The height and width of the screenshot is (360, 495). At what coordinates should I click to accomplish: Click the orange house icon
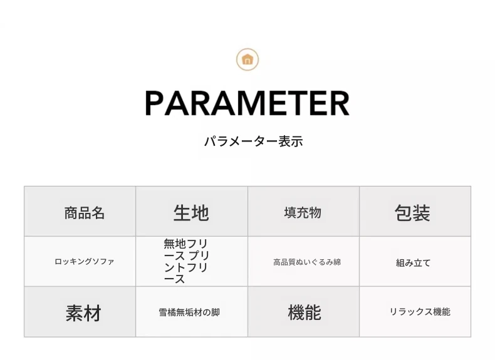coord(247,59)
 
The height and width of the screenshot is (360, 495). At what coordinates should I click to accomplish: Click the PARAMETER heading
coord(247,103)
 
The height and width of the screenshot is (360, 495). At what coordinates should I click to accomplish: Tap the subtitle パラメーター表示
coord(254,141)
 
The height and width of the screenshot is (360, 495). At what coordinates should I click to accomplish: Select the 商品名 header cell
coord(80,211)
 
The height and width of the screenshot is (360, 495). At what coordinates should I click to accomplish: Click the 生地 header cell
coord(192,211)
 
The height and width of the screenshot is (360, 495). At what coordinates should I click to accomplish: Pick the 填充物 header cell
coord(303,211)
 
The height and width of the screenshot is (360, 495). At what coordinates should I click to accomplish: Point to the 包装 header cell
coord(415,211)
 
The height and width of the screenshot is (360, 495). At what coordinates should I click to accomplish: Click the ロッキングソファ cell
coord(80,261)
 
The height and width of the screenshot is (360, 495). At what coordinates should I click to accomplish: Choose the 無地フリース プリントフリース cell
coord(192,261)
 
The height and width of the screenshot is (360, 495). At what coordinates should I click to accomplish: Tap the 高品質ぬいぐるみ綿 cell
coord(303,261)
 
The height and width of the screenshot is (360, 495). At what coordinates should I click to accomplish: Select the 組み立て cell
coord(415,261)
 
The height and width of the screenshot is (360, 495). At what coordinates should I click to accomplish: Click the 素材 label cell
coord(80,312)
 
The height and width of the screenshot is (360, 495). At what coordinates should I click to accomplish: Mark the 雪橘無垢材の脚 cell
coord(192,312)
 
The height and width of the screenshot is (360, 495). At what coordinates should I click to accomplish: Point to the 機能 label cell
coord(303,312)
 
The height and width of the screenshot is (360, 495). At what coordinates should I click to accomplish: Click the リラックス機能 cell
coord(415,312)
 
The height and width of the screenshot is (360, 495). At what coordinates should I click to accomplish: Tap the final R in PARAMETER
coord(339,103)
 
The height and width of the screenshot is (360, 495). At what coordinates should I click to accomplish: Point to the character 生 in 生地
coord(182,212)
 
